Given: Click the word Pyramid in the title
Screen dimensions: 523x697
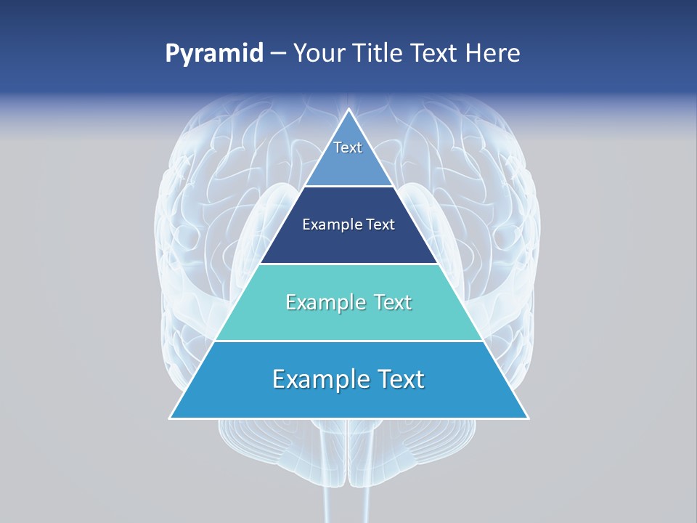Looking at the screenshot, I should point(214,54).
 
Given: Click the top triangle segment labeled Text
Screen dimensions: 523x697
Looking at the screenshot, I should point(348,156).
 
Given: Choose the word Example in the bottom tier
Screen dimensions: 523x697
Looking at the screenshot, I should point(320,379).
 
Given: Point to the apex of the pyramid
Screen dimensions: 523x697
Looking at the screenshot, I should point(349,111).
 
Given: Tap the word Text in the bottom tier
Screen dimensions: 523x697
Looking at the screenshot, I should point(399,379).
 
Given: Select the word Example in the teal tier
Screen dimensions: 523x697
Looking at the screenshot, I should point(317,302).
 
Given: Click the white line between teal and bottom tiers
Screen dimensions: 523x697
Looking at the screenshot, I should point(348,341).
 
